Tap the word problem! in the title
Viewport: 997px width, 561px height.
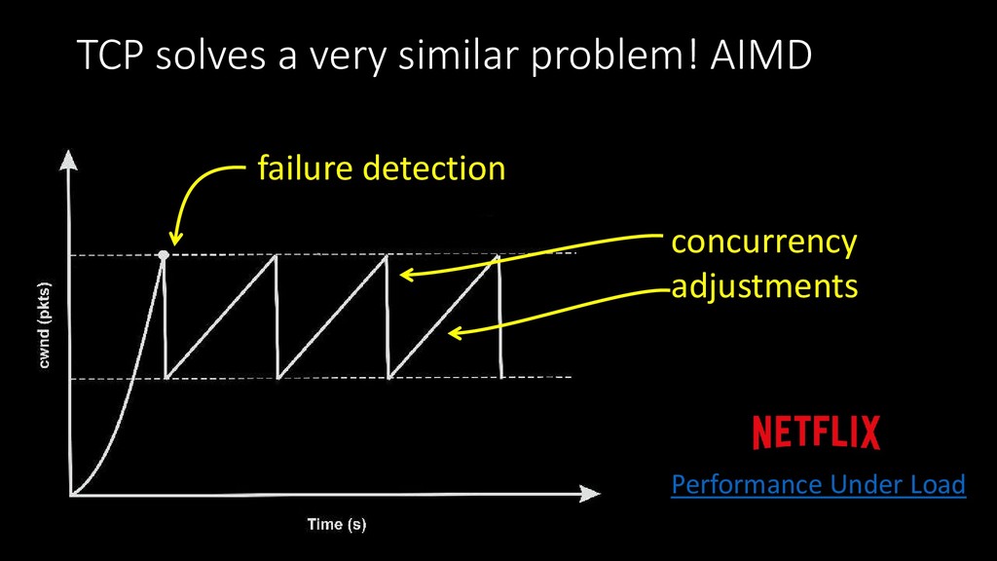pyautogui.click(x=583, y=59)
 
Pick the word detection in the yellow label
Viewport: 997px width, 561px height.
pyautogui.click(x=434, y=168)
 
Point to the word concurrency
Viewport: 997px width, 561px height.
pyautogui.click(x=764, y=242)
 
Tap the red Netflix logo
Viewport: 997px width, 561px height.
pyautogui.click(x=816, y=432)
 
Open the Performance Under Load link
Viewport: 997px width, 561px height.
pyautogui.click(x=818, y=484)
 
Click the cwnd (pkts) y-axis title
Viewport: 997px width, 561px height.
pyautogui.click(x=46, y=325)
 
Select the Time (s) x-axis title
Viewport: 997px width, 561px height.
pyautogui.click(x=337, y=525)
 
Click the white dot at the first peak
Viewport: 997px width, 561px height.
pyautogui.click(x=164, y=254)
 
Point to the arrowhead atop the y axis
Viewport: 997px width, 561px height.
pyautogui.click(x=68, y=158)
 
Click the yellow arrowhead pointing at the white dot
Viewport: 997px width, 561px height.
pyautogui.click(x=175, y=240)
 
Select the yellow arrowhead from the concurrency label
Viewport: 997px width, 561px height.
pyautogui.click(x=406, y=275)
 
